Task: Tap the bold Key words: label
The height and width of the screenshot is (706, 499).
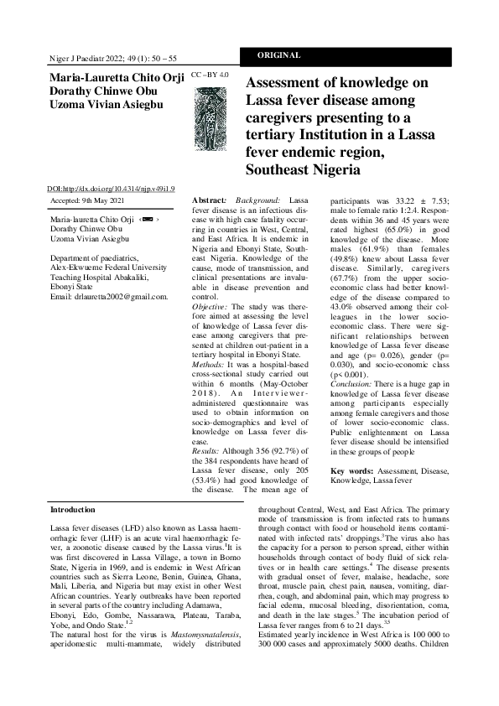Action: coord(353,472)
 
